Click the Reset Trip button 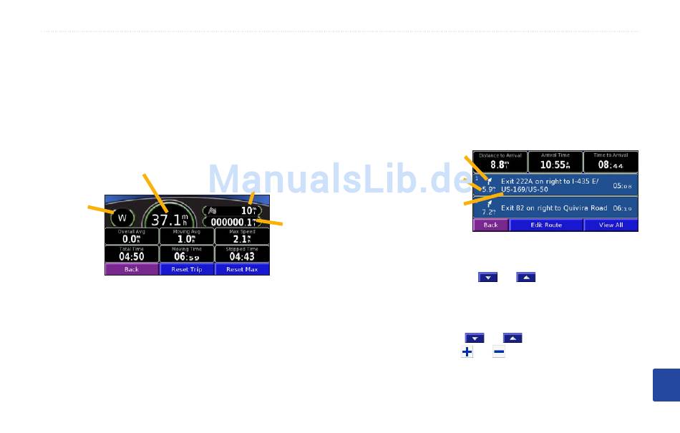tap(186, 270)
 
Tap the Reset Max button tap(242, 270)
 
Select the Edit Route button tap(546, 225)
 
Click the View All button tap(611, 225)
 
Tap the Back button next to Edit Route tap(490, 225)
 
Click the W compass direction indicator tap(122, 218)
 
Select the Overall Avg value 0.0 tap(131, 240)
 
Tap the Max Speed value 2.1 tap(242, 240)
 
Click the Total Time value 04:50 tap(131, 257)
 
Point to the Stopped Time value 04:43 tap(242, 257)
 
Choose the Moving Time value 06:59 tap(186, 257)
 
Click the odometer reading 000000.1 tap(233, 223)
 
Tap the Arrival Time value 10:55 tap(555, 165)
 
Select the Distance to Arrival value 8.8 tap(500, 165)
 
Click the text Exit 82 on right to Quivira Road tap(554, 208)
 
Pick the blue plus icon tap(467, 352)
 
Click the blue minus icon tap(498, 352)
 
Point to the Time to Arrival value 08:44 tap(611, 165)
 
